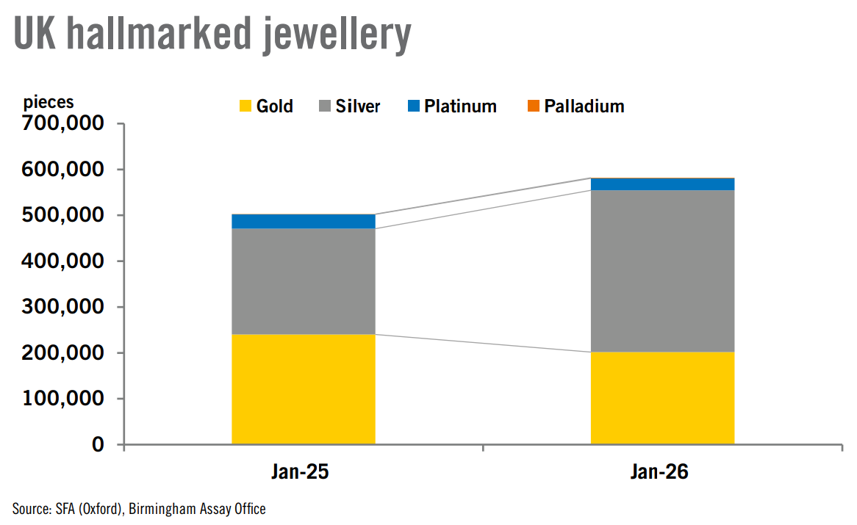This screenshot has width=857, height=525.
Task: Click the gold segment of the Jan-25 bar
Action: point(304,389)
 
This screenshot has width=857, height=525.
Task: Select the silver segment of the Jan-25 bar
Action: point(304,281)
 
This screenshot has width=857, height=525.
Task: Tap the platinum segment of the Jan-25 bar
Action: point(304,221)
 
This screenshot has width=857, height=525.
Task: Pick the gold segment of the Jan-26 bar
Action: point(662,398)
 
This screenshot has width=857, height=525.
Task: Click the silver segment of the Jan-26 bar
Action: point(662,271)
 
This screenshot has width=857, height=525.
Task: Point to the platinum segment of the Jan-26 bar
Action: point(662,184)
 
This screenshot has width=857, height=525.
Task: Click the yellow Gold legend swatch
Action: point(245,106)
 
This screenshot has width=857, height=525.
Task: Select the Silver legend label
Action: point(358,106)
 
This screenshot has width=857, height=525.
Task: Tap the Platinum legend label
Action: point(460,106)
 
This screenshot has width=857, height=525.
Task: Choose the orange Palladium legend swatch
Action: point(534,106)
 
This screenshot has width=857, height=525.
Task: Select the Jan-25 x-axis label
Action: point(303,471)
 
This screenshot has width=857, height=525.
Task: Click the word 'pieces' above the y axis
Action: point(49,102)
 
